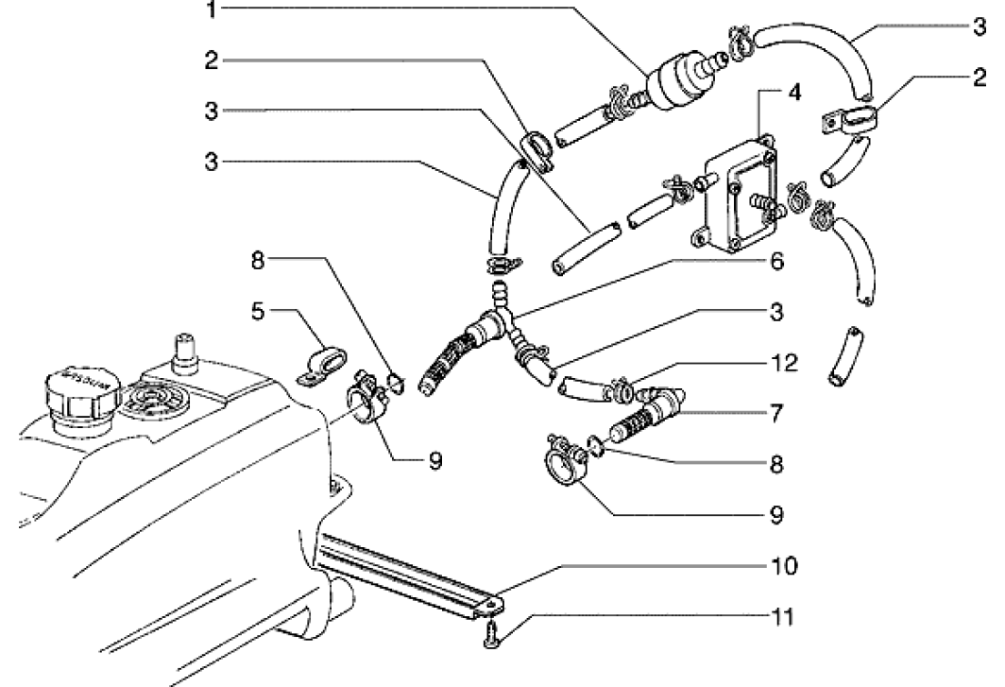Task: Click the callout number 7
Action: point(776,412)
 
